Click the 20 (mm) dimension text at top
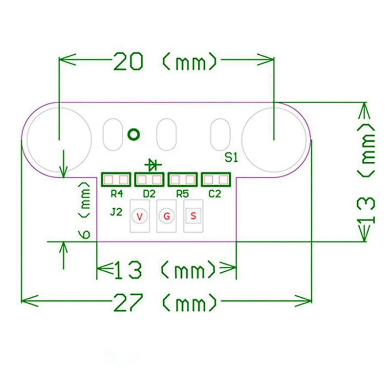click(165, 62)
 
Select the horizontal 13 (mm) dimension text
click(165, 269)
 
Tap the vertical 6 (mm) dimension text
click(85, 210)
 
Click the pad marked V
click(140, 216)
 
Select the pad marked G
click(167, 216)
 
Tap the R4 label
click(116, 194)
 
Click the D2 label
click(149, 194)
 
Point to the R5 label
click(182, 194)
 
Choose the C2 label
click(215, 194)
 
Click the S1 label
click(231, 157)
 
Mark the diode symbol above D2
click(152, 164)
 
